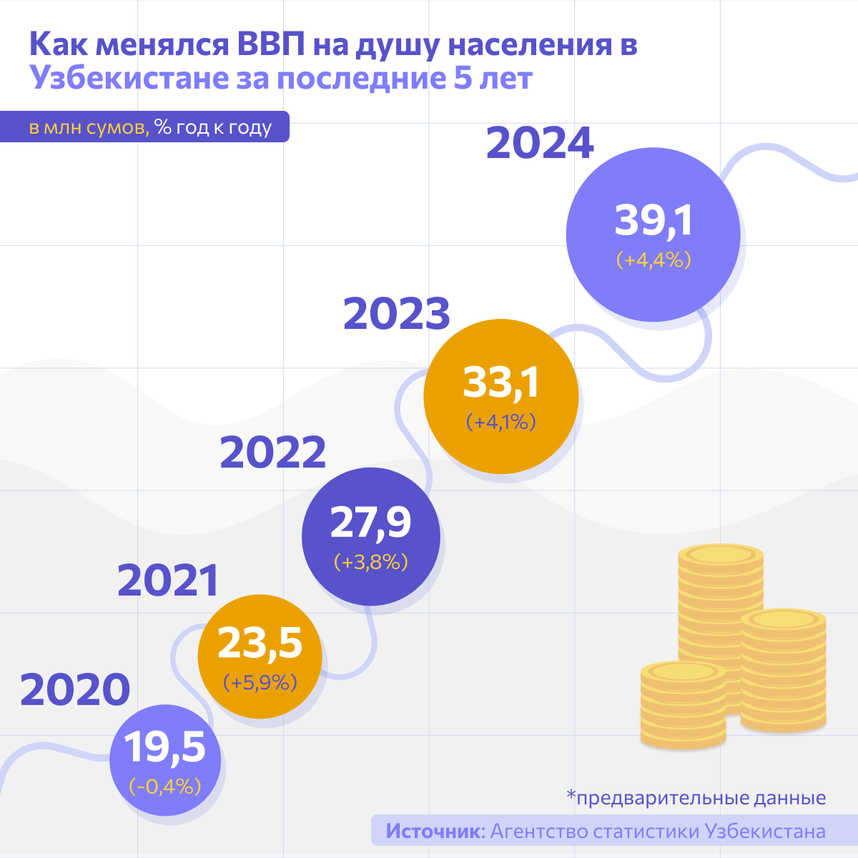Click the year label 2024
[540, 144]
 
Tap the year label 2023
[397, 314]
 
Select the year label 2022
[272, 453]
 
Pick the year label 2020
[75, 690]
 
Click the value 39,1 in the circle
[654, 220]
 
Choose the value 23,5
[260, 643]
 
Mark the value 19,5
[165, 747]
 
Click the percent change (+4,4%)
[654, 260]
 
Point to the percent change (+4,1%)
[500, 422]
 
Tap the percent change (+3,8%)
[370, 562]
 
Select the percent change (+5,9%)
[260, 683]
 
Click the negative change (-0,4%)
[165, 786]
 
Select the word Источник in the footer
[435, 832]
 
